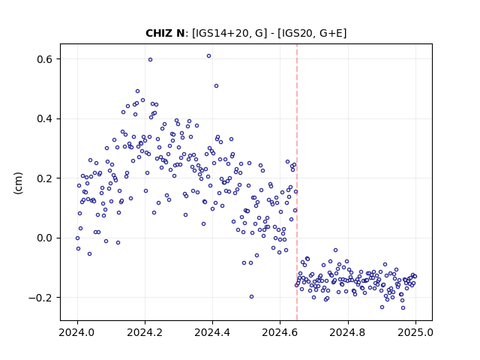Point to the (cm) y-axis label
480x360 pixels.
18,183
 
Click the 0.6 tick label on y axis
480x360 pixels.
44,59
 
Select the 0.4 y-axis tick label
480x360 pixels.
44,118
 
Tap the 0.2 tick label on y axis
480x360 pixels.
44,178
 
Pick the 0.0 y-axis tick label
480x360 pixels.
44,238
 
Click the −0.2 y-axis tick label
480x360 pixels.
40,298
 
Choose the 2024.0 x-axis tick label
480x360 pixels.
77,332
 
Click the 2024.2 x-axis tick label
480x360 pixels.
145,332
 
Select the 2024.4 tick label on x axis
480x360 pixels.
212,332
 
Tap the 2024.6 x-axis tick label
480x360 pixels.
280,332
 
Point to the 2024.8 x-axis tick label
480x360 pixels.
348,332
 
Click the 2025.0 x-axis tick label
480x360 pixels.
415,332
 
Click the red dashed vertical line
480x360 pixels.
297,182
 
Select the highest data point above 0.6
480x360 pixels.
208,56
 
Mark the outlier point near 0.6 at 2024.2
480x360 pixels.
150,60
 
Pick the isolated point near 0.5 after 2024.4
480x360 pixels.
217,86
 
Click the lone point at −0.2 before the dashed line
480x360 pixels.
252,297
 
